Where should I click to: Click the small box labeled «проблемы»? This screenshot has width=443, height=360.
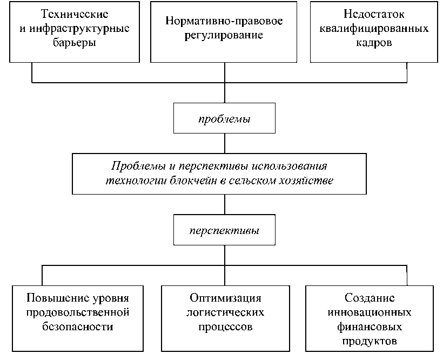click(224, 119)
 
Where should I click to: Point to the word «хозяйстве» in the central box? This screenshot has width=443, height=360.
click(308, 181)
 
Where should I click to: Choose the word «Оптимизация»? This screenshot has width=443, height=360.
click(225, 298)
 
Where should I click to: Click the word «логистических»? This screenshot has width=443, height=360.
click(225, 312)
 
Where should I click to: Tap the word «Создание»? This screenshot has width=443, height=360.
click(370, 298)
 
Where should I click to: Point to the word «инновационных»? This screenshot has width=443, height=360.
click(370, 312)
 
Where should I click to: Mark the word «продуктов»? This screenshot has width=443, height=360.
click(370, 341)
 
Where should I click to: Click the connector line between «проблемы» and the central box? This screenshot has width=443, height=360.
click(224, 143)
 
